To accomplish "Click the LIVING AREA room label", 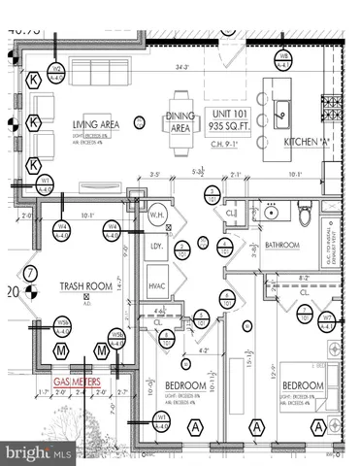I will click(95, 123).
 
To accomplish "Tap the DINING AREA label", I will click(180, 122).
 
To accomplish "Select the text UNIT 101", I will click(230, 114).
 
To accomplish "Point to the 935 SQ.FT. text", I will click(230, 126).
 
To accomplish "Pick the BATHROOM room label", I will click(282, 246).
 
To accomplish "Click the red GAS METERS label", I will click(77, 383).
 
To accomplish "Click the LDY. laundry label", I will click(156, 249).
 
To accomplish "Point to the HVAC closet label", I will click(157, 286).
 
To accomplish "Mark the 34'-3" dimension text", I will click(181, 68).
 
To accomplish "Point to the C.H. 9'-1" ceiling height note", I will click(230, 142).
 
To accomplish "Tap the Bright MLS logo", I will click(39, 452).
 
